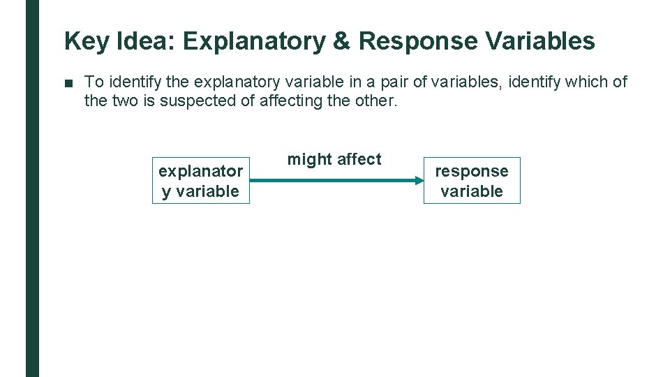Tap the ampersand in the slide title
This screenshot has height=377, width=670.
(341, 42)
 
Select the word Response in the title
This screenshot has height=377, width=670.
(417, 42)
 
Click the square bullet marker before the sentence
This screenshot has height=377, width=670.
(68, 83)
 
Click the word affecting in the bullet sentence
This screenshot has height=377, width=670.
(290, 101)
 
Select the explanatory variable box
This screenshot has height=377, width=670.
(201, 180)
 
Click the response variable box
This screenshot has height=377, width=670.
(472, 180)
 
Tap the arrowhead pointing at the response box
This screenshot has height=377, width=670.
(418, 180)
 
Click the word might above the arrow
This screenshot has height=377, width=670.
(309, 160)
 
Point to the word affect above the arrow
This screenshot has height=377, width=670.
(359, 159)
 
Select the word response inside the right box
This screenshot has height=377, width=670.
(472, 171)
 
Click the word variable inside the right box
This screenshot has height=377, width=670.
(472, 191)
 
